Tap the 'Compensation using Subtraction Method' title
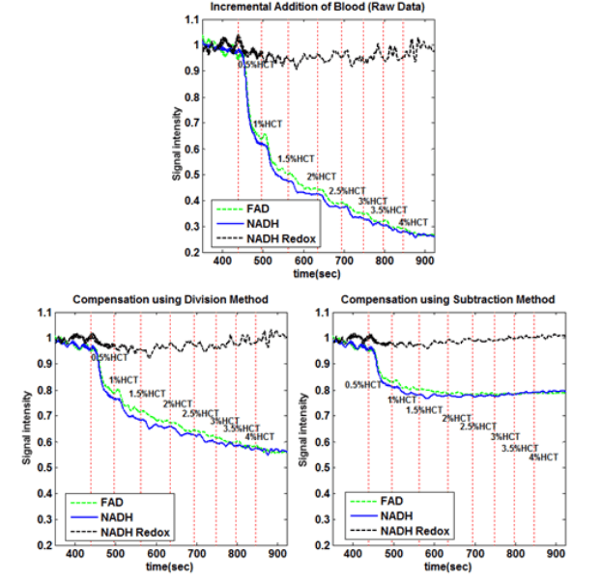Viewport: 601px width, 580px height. [x=449, y=300]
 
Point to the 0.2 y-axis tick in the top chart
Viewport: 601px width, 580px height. [x=188, y=252]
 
